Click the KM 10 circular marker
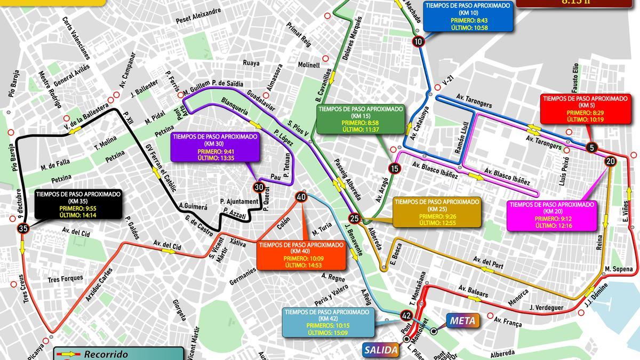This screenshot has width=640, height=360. [418, 42]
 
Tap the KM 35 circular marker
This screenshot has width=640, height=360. [22, 228]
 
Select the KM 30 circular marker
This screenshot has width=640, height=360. [259, 187]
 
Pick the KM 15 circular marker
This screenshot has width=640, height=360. [394, 169]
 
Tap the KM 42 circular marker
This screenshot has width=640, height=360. [406, 316]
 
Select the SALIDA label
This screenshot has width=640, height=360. [381, 350]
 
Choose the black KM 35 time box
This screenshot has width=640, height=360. [78, 204]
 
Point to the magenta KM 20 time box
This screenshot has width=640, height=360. [551, 215]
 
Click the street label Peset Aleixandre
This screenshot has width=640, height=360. [198, 17]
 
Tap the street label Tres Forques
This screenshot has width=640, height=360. [65, 278]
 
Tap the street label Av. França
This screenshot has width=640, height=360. [506, 321]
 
